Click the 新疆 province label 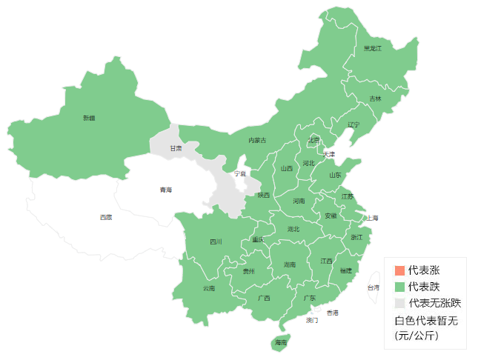click(x=89, y=118)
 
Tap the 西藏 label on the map click(x=106, y=217)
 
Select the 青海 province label click(x=165, y=190)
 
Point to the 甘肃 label click(x=176, y=148)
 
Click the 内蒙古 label click(x=257, y=140)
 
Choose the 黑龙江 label click(x=372, y=48)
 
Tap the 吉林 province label click(x=375, y=99)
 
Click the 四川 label click(x=216, y=241)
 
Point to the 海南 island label click(x=280, y=342)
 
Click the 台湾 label click(x=374, y=287)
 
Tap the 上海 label click(x=371, y=218)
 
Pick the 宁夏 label click(x=240, y=173)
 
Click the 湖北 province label click(x=293, y=229)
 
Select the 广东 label click(x=310, y=297)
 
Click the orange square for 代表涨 click(x=399, y=270)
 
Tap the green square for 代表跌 click(x=399, y=287)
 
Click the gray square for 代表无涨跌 click(x=399, y=303)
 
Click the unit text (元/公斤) click(x=416, y=336)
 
